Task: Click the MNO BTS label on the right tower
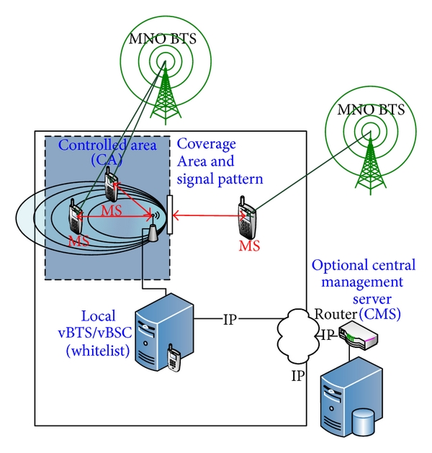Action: (371, 110)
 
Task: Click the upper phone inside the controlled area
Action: (111, 187)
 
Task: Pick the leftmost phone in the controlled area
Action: (76, 217)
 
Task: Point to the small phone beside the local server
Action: (174, 359)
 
